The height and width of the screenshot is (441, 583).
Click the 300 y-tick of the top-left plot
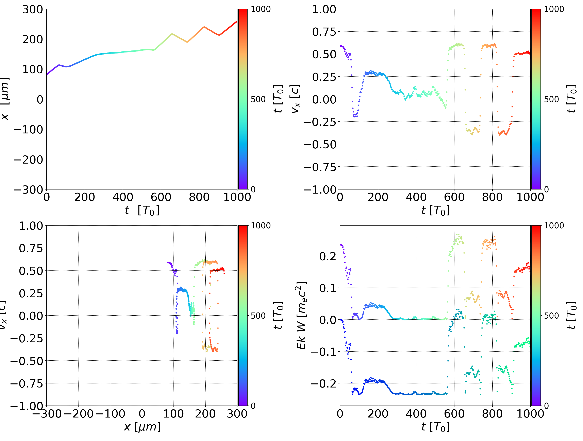(32, 10)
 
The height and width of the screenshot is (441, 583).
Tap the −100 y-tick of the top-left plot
(28, 130)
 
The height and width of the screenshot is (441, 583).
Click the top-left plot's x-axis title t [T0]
(142, 210)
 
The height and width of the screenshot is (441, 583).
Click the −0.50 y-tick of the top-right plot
(320, 145)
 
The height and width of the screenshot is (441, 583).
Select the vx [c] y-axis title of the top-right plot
(295, 99)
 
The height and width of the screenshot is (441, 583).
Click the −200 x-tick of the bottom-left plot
(78, 414)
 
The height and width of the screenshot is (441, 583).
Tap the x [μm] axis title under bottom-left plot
(142, 427)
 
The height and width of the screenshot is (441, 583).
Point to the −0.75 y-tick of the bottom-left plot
(26, 383)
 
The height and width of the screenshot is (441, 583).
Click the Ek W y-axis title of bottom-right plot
(301, 315)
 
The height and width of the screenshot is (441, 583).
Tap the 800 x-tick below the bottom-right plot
(492, 414)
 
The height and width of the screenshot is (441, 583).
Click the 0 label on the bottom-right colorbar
(546, 406)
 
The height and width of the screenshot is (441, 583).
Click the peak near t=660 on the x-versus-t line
(172, 34)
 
